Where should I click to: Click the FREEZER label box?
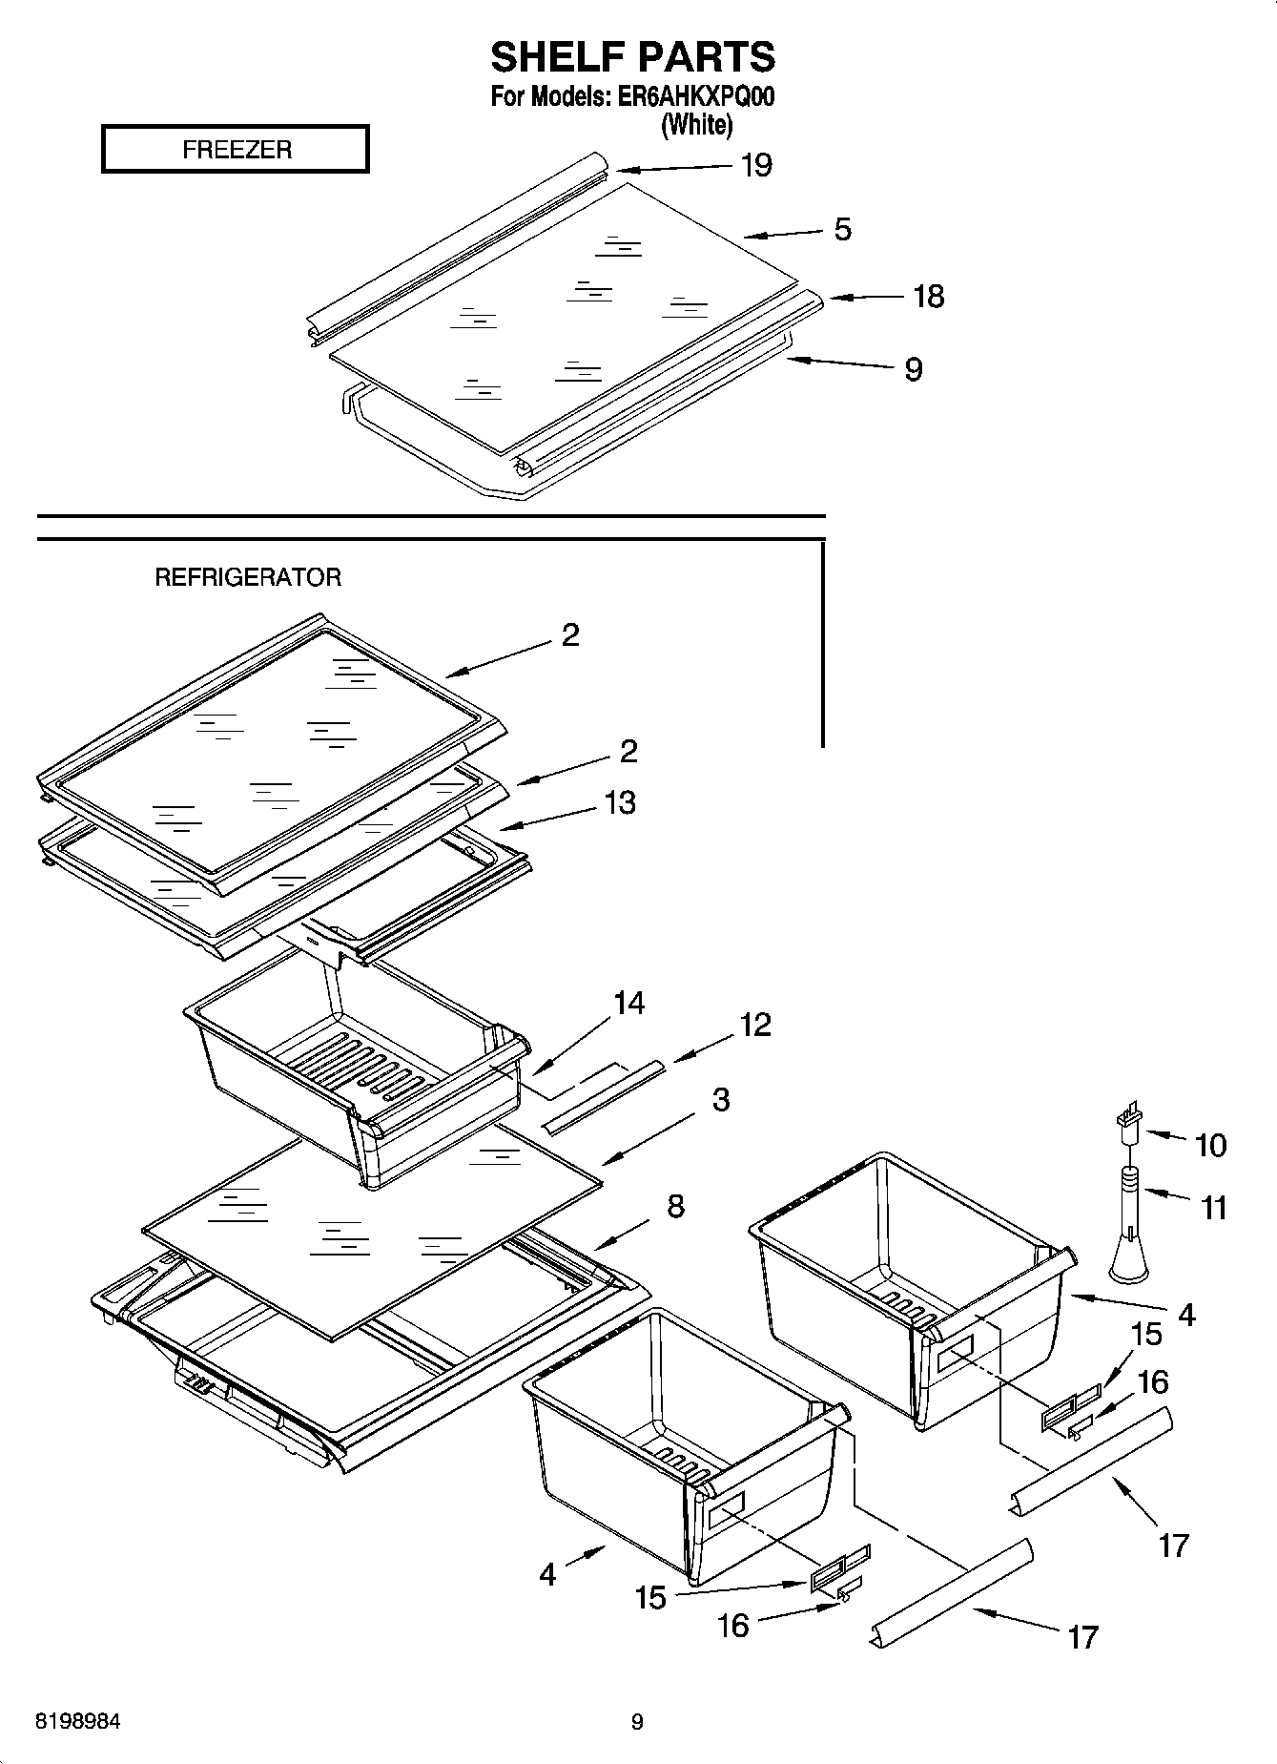tap(235, 150)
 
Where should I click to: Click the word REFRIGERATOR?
tap(248, 577)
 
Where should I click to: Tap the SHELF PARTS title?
tap(632, 57)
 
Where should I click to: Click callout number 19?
tap(755, 166)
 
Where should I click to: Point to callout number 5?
tap(842, 230)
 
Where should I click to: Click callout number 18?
tap(928, 297)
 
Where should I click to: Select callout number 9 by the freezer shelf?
tap(913, 369)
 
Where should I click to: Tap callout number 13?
tap(620, 802)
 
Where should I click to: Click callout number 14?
tap(628, 1003)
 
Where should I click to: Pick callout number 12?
tap(754, 1025)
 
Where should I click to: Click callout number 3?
tap(721, 1099)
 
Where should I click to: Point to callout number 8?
tap(675, 1206)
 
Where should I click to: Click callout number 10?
tap(1210, 1145)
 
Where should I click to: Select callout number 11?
tap(1213, 1208)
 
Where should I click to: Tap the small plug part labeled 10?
tap(1128, 1119)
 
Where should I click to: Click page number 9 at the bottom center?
tap(637, 1723)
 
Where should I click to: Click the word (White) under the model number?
tap(696, 125)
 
